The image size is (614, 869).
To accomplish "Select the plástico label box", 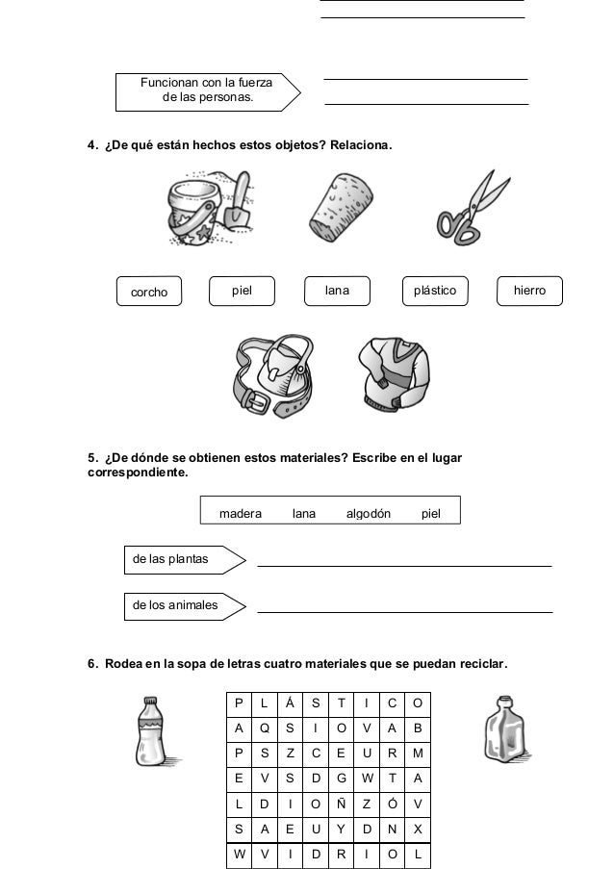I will (x=435, y=290).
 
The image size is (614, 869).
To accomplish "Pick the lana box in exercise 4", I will (x=338, y=290).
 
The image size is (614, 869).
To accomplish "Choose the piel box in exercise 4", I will (x=242, y=290).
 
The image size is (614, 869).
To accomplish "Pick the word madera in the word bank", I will (x=241, y=514).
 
